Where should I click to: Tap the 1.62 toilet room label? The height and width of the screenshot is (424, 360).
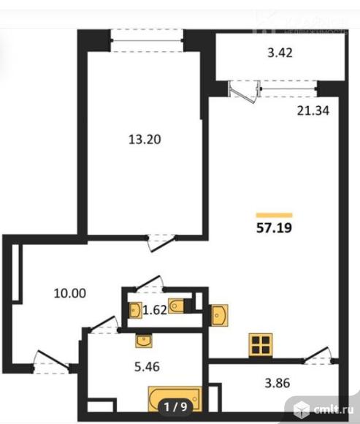click(x=155, y=308)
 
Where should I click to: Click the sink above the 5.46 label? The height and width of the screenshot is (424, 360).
click(x=143, y=341)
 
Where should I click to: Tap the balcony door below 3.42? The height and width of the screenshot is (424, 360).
click(x=241, y=89)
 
